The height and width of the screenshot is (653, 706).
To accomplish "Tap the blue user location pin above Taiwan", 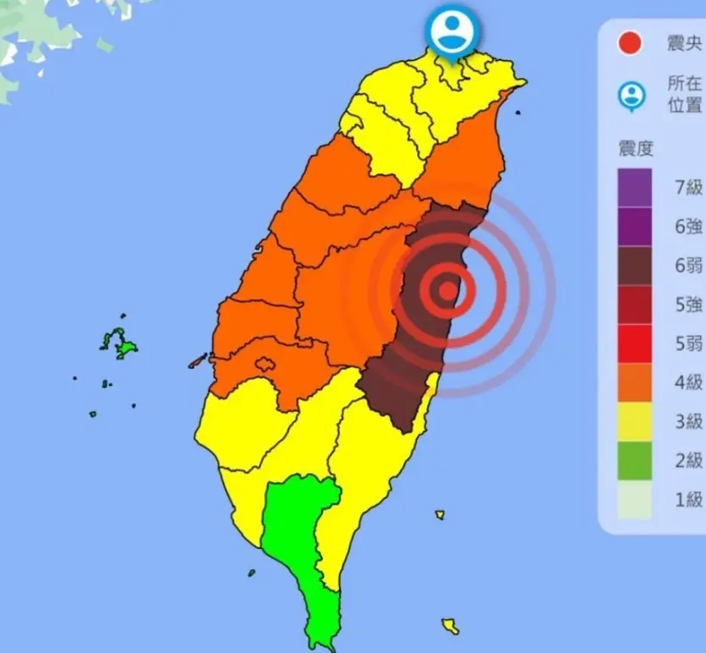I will (x=453, y=32).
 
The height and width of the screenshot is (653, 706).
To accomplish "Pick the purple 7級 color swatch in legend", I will (x=635, y=187).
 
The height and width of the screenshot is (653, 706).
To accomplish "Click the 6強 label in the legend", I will (x=688, y=227).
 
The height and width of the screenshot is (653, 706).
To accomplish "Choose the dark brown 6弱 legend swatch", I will (x=635, y=266).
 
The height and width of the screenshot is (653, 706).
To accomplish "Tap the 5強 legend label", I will (x=688, y=305).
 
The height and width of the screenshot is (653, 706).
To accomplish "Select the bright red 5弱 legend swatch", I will (x=635, y=343).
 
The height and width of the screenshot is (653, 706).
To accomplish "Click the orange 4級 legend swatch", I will (x=635, y=382).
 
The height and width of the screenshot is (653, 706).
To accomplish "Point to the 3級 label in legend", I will (x=688, y=421).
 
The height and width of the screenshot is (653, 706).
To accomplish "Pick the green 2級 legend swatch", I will (x=635, y=460).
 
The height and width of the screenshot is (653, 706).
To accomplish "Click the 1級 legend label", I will (x=688, y=499).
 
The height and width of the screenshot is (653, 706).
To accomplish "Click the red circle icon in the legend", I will (x=630, y=43).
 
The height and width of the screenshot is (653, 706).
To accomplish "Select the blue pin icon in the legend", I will (x=631, y=96).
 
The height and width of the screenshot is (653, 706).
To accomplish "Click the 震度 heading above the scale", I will (x=636, y=149).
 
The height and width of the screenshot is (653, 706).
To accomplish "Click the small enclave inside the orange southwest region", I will (x=265, y=365).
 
